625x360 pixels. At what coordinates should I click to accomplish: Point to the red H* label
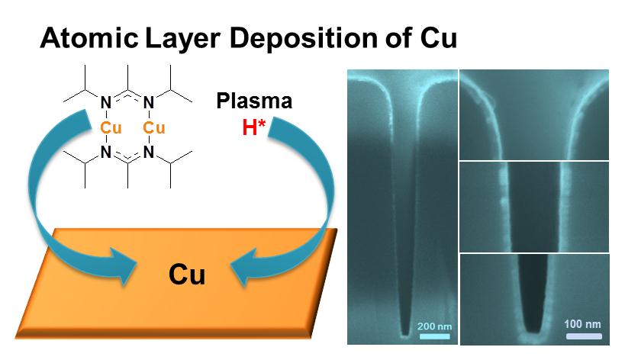[x=254, y=127]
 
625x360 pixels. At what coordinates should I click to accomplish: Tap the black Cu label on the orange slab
[x=187, y=274]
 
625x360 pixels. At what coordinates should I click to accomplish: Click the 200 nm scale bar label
[x=434, y=326]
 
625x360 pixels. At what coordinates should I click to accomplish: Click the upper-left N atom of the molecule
[x=105, y=102]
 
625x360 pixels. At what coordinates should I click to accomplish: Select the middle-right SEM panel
[x=534, y=206]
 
